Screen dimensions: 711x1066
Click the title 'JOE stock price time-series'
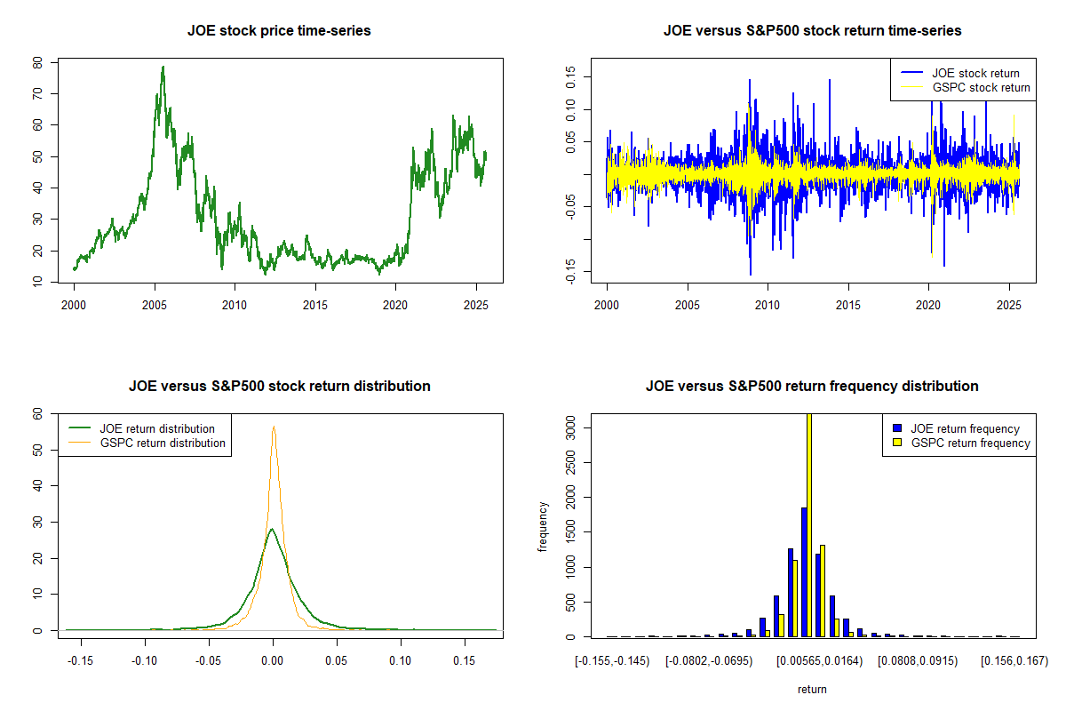click(x=279, y=30)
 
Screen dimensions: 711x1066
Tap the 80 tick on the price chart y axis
click(x=36, y=63)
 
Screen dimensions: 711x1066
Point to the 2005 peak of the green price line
click(x=163, y=68)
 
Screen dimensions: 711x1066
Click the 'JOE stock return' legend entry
click(x=974, y=73)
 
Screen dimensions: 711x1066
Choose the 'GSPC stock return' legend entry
click(x=981, y=87)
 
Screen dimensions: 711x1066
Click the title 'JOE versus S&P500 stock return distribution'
click(x=279, y=386)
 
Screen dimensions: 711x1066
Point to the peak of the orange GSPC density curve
click(x=274, y=427)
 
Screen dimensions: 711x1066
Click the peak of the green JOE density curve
click(x=272, y=529)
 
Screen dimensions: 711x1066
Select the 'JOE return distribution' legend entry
click(x=157, y=428)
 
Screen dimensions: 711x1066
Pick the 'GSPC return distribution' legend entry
click(x=163, y=443)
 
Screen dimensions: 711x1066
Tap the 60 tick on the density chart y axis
click(x=36, y=413)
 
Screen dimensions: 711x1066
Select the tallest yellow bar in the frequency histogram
click(x=808, y=524)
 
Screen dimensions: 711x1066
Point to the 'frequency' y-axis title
click(x=544, y=526)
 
